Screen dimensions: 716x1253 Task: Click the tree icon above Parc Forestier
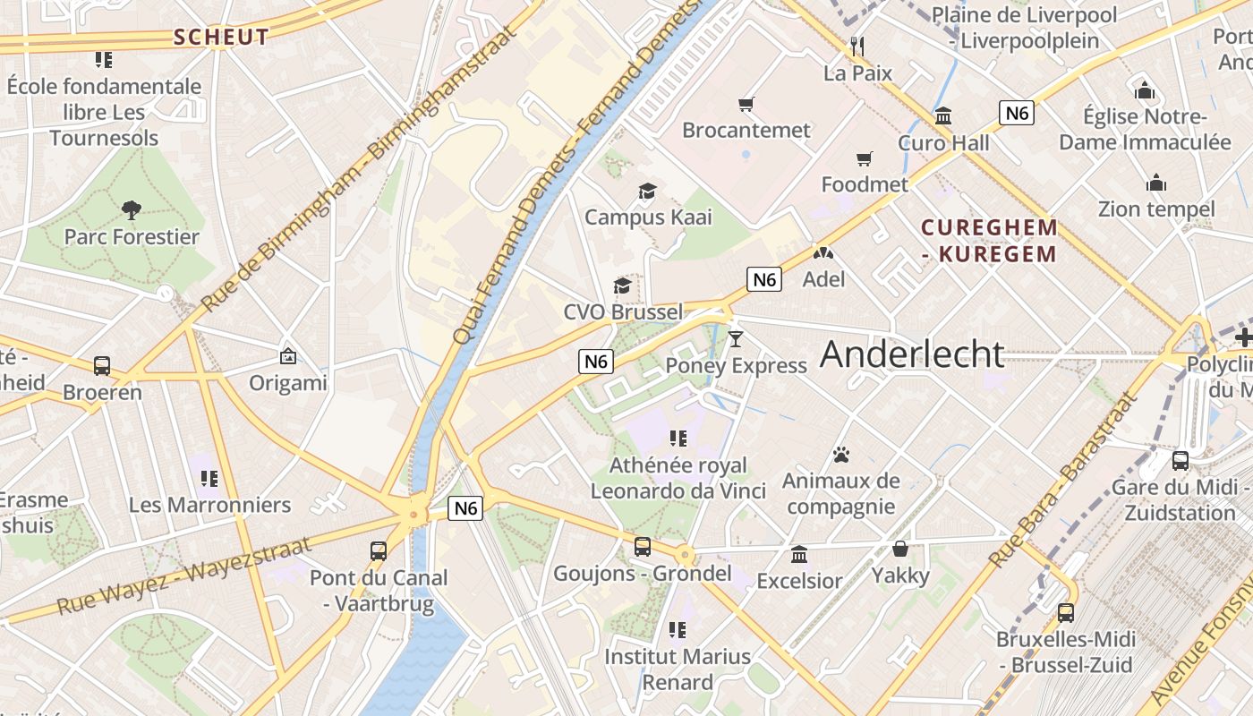pos(132,210)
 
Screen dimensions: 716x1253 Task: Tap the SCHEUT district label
pos(221,38)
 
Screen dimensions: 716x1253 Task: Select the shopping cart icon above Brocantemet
pos(746,105)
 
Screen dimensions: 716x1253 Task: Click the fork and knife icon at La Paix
pos(857,46)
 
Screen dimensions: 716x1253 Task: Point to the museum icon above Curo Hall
pos(943,116)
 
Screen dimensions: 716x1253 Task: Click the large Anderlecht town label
pos(912,354)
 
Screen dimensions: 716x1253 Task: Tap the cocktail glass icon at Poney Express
pos(736,338)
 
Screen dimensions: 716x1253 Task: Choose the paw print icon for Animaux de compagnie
pos(840,455)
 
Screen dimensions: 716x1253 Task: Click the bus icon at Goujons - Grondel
pos(643,547)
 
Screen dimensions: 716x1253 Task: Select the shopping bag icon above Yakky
pos(900,549)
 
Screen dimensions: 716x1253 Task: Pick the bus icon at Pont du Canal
pos(379,551)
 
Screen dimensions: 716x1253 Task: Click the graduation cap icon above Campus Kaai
pos(647,191)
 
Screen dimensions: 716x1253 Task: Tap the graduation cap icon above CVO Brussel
pos(622,286)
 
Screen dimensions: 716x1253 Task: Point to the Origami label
pos(288,383)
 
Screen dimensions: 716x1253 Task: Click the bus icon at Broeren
pos(102,366)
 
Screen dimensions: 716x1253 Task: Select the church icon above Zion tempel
pos(1156,183)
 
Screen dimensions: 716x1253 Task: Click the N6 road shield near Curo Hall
pos(1017,113)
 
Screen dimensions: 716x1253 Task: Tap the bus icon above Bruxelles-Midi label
pos(1065,613)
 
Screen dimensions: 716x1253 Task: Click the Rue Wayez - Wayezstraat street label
pos(183,575)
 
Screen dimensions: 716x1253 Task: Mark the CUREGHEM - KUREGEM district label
pos(990,241)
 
